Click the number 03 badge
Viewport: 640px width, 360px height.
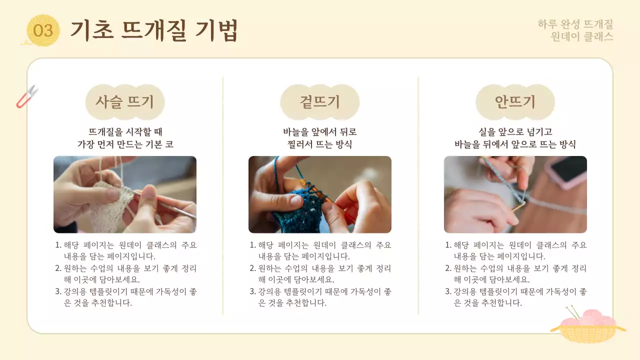43,30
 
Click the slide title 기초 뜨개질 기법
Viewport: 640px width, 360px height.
153,30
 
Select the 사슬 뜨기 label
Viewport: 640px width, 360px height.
125,102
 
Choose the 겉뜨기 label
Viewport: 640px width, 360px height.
320,102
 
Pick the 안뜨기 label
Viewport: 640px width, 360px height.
515,102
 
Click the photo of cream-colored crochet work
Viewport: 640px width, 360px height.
125,194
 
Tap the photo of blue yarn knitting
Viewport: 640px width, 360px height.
320,194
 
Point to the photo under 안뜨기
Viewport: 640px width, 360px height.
515,194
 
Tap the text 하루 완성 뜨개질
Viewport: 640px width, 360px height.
575,24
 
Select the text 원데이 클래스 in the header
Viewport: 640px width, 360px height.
581,36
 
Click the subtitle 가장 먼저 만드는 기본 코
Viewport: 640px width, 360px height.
125,144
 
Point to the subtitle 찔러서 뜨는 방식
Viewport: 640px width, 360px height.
320,144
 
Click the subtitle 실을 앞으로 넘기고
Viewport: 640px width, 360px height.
515,132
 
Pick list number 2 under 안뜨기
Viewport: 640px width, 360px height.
448,268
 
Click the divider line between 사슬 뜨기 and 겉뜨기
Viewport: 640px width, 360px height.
223,195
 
